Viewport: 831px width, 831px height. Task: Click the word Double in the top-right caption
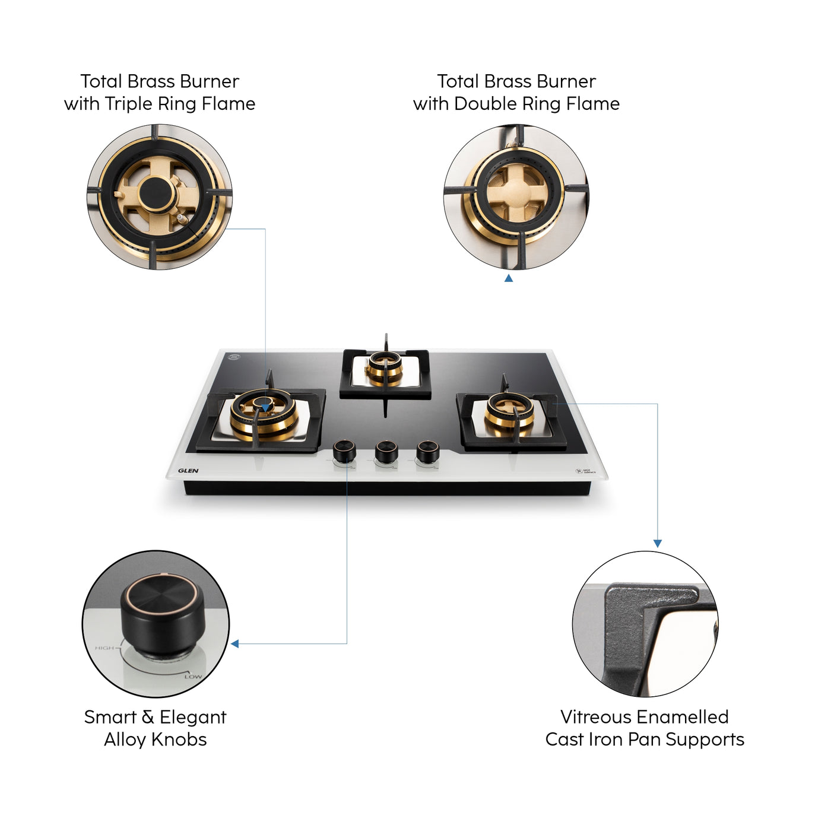(x=482, y=104)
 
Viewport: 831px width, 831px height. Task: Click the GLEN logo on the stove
(x=188, y=471)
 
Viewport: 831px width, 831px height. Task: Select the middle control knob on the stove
(x=386, y=452)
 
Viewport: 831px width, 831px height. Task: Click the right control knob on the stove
(x=427, y=452)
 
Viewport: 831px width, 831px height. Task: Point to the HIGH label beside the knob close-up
(x=104, y=648)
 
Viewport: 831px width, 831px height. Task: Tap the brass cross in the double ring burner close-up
(x=515, y=193)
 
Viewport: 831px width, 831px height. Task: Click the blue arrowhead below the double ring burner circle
(x=509, y=278)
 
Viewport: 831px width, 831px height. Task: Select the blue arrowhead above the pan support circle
(x=657, y=543)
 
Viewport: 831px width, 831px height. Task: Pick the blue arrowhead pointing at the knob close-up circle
(x=235, y=643)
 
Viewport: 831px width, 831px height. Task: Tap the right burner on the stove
(x=509, y=413)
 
